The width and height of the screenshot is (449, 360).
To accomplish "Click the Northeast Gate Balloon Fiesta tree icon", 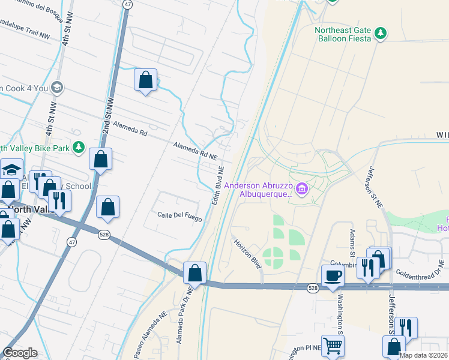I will pyautogui.click(x=379, y=33).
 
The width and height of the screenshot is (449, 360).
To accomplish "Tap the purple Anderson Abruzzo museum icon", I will pyautogui.click(x=302, y=190).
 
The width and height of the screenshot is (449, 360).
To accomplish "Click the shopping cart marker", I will pyautogui.click(x=333, y=346).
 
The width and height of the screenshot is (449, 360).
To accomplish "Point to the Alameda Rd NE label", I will pyautogui.click(x=195, y=150).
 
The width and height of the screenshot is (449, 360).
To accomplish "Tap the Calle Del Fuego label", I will pyautogui.click(x=179, y=216).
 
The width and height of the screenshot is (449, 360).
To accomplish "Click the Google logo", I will pyautogui.click(x=20, y=353).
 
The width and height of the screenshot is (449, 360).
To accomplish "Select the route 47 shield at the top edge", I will pyautogui.click(x=127, y=4).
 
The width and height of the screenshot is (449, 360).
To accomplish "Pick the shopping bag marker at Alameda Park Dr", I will pyautogui.click(x=194, y=273).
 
